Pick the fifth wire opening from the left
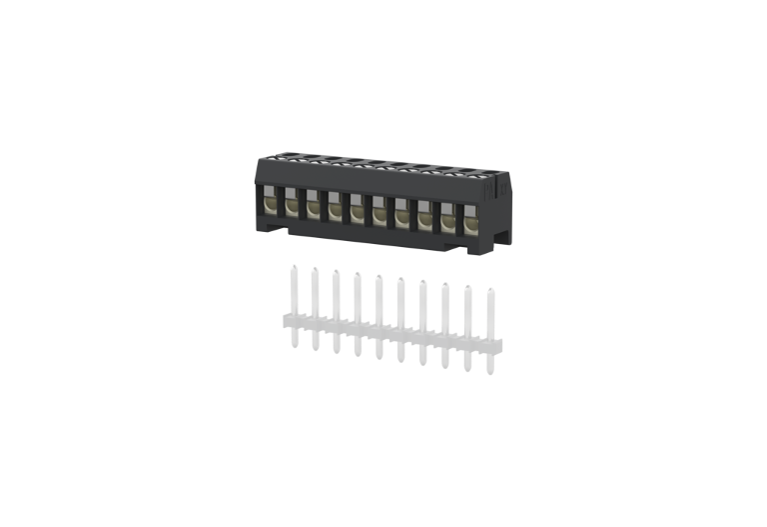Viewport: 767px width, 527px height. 358,209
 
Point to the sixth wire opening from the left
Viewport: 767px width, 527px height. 380,211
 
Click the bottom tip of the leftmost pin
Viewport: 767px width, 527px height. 293,345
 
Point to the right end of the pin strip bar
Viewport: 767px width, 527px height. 500,345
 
